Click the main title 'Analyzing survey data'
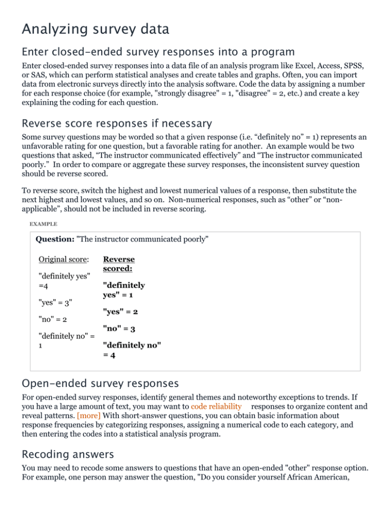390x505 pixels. pos(95,29)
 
